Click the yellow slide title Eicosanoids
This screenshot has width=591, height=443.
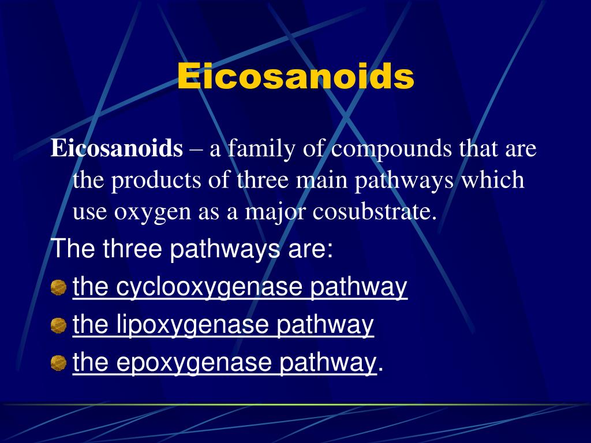295,76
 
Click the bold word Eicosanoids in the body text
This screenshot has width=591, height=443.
116,149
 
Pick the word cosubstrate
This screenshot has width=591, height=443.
375,212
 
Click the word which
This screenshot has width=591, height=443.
493,181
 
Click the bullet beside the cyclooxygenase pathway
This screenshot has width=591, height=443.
58,288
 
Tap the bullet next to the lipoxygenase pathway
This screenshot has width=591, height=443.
58,326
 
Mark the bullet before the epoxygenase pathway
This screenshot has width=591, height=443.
58,363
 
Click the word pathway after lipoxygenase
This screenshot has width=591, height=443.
325,325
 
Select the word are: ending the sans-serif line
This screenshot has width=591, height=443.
314,250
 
